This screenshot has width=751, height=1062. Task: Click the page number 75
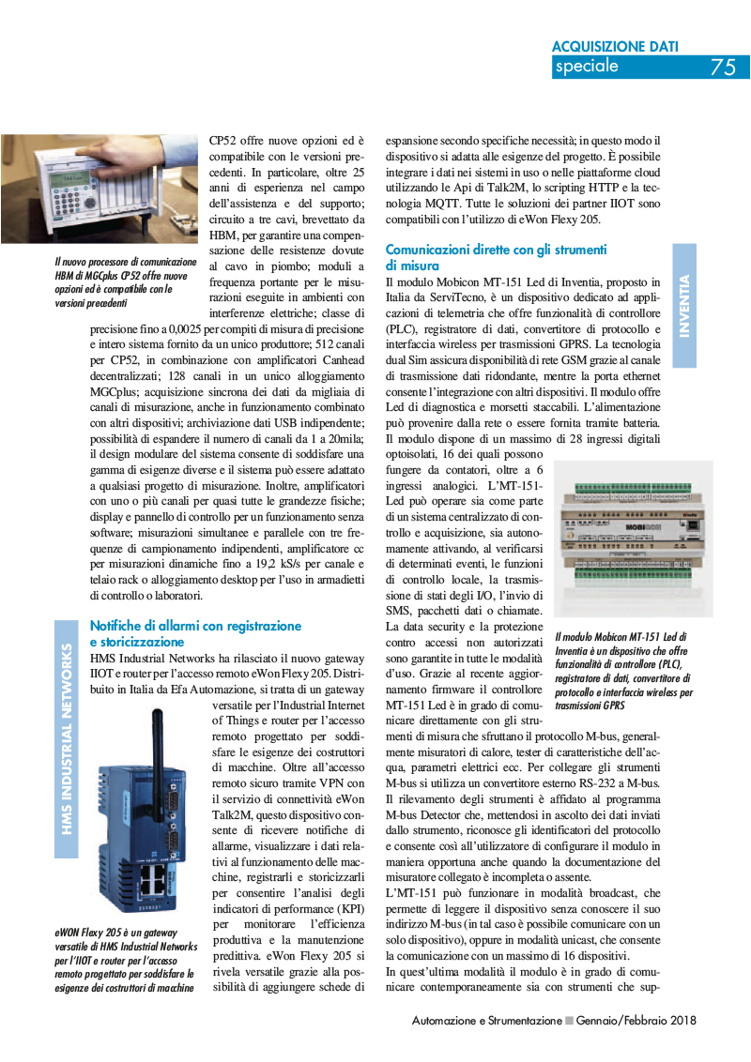(723, 67)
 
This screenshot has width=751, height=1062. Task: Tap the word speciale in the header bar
(587, 66)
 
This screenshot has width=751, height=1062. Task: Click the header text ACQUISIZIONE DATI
(615, 45)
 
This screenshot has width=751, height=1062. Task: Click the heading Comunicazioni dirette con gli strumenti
(497, 250)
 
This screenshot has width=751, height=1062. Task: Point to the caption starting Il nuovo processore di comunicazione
(125, 282)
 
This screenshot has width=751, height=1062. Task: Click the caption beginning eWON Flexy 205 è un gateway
(125, 961)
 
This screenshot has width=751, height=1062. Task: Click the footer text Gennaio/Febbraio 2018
(636, 1020)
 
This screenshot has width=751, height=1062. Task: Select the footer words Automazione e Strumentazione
(486, 1020)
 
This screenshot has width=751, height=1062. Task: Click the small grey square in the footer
(569, 1020)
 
